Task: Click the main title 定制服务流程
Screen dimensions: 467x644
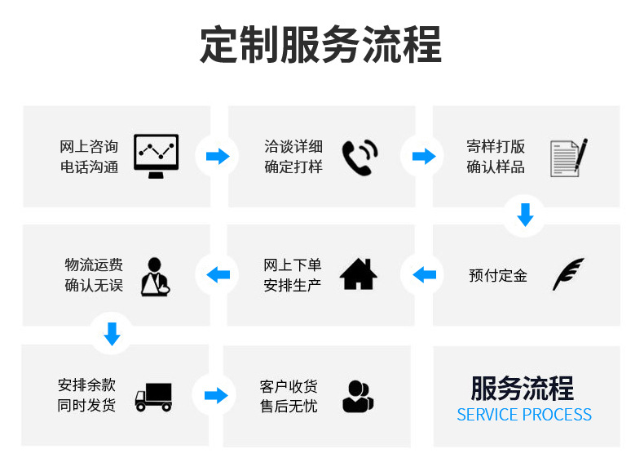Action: [321, 45]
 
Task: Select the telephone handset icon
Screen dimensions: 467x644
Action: [359, 157]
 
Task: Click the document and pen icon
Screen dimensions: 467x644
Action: [568, 157]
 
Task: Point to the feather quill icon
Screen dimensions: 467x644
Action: [567, 274]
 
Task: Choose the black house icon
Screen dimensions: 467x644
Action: [359, 274]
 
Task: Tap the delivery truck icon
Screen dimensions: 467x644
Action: [153, 397]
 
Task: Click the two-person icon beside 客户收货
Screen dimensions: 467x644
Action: [358, 397]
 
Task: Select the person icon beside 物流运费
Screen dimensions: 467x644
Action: [154, 275]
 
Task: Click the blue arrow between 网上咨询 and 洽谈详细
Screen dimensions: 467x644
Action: [218, 157]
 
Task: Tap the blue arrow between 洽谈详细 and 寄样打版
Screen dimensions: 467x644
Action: [424, 157]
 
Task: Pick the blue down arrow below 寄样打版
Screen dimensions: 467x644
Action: [526, 215]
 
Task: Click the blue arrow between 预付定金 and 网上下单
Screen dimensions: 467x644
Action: [424, 274]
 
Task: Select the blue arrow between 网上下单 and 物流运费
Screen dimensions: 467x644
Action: [218, 274]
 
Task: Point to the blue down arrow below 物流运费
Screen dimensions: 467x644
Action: [112, 333]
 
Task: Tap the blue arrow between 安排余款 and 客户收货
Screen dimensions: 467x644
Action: [215, 396]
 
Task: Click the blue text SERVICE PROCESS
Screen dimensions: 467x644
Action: [524, 415]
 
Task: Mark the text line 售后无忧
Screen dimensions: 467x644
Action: [289, 406]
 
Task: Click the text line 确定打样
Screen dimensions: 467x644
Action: [293, 167]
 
